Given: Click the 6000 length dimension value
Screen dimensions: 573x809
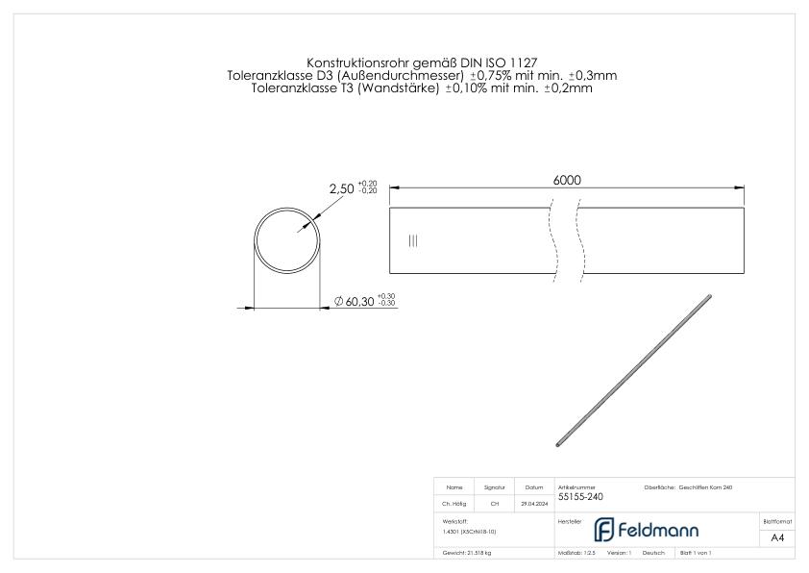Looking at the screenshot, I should (x=567, y=180).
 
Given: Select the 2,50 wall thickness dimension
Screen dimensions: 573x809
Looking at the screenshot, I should (x=342, y=189).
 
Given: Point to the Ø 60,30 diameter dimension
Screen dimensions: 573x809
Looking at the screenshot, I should (x=355, y=302).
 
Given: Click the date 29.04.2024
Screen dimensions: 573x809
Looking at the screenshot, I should (x=534, y=503).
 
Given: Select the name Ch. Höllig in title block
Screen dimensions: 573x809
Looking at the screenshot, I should (x=455, y=503).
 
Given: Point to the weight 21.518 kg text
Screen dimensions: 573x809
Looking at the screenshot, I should (x=467, y=554).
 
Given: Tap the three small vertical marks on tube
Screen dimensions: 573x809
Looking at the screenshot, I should (x=413, y=240).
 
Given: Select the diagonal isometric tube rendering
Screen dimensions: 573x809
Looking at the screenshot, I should (x=633, y=370).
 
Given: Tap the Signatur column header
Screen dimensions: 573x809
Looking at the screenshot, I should (x=495, y=487).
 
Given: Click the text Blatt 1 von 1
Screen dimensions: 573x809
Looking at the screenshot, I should (x=695, y=554).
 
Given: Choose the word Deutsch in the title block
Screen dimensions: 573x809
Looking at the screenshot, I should (x=653, y=554).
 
